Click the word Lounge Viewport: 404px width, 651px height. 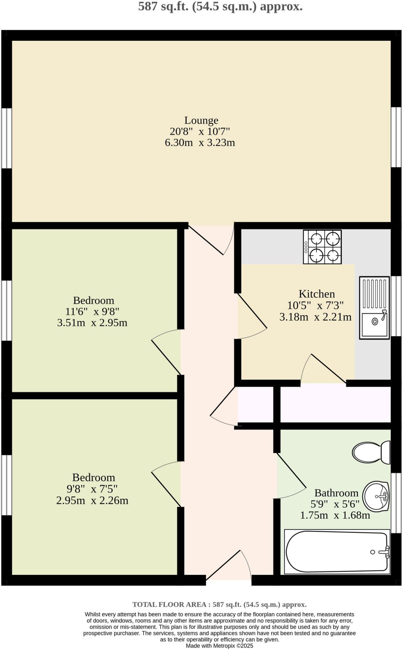pyautogui.click(x=201, y=120)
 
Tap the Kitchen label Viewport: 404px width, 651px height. pyautogui.click(x=317, y=294)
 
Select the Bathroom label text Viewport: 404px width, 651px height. pyautogui.click(x=336, y=493)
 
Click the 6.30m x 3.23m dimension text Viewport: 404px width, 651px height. pyautogui.click(x=200, y=143)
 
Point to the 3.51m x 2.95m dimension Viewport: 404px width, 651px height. pyautogui.click(x=92, y=323)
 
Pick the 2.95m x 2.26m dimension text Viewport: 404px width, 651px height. pyautogui.click(x=92, y=501)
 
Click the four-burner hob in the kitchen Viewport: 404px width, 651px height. pyautogui.click(x=322, y=247)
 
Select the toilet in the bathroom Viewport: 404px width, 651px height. pyautogui.click(x=371, y=452)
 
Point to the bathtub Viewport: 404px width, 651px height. pyautogui.click(x=337, y=552)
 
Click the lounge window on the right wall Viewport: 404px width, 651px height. pyautogui.click(x=396, y=137)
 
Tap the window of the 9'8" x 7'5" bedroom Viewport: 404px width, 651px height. pyautogui.click(x=6, y=485)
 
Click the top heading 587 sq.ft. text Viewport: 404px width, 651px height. pyautogui.click(x=220, y=6)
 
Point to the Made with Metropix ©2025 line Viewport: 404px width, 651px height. pyautogui.click(x=219, y=646)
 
